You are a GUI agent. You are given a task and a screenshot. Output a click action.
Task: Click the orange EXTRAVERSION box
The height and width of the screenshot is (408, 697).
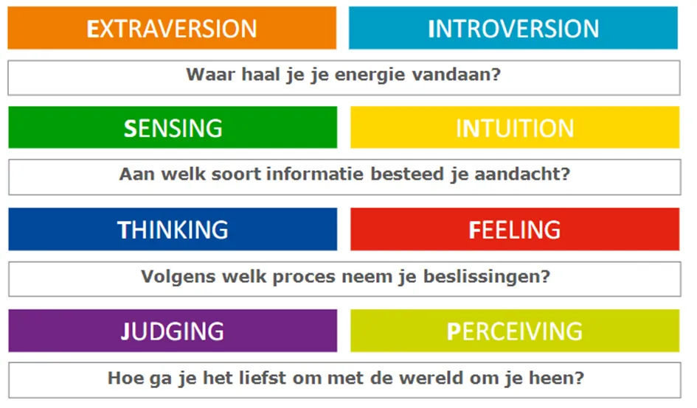(172, 27)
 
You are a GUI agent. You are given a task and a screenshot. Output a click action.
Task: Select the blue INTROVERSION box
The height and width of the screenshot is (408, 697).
(513, 27)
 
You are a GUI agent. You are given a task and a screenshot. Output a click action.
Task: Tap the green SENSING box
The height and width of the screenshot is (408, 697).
(173, 127)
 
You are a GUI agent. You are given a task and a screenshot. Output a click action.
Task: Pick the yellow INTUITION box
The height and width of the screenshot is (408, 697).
(515, 127)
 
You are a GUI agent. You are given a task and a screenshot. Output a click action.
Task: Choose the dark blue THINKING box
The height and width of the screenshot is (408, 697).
(173, 229)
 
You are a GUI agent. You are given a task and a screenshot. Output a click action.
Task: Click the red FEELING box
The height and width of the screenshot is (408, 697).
(515, 229)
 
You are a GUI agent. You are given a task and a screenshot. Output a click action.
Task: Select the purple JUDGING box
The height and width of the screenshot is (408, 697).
(173, 331)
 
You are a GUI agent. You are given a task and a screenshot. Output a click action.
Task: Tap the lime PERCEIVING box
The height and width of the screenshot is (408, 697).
(515, 331)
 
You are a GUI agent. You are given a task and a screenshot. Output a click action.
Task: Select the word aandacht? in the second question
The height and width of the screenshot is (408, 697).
(522, 174)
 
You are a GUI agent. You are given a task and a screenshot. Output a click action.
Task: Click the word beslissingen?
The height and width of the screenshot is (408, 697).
(487, 278)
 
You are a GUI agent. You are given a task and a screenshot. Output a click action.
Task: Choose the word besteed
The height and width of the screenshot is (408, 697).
(407, 174)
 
